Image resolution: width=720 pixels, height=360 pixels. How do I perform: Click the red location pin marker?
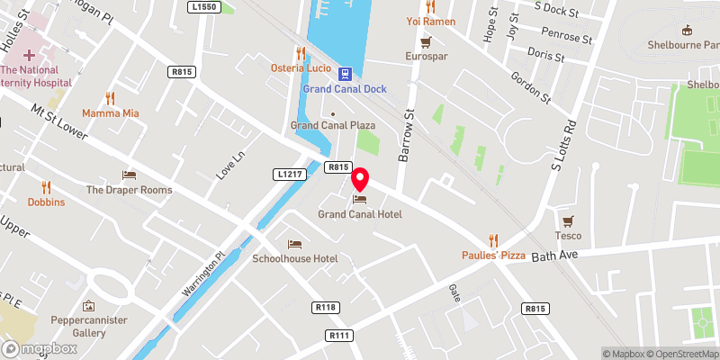point(360,177)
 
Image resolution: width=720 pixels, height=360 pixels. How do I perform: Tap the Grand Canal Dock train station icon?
point(344,72)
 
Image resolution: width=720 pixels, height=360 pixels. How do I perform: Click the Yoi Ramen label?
point(431,21)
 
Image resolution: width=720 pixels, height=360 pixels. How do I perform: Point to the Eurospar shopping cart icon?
point(426,40)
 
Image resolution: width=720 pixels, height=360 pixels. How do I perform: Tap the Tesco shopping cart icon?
point(568,220)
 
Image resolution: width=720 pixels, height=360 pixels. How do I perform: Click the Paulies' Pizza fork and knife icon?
point(493,240)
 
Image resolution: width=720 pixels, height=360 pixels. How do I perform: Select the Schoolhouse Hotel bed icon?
point(294,244)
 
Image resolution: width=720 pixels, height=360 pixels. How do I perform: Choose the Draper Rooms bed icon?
point(129,175)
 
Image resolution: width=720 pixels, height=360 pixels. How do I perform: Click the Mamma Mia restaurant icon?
point(111,98)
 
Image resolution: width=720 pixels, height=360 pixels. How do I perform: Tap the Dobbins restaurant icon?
point(46,187)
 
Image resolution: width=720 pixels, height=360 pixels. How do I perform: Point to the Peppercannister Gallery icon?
point(88,306)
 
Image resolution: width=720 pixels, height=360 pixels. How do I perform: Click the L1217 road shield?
point(288,173)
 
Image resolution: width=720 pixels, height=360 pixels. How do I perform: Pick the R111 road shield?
point(339,335)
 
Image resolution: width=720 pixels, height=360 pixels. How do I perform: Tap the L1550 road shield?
point(206,6)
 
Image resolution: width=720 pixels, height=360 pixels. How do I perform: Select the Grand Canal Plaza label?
point(332,125)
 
